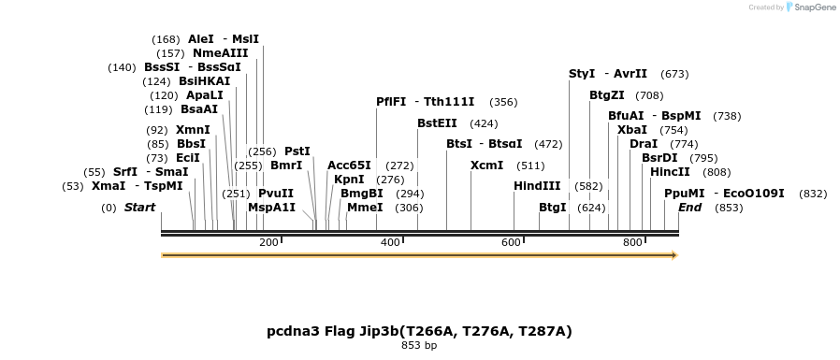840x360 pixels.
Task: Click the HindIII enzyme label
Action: click(x=537, y=186)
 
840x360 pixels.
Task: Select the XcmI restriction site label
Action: click(x=486, y=166)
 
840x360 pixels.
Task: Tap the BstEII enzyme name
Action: click(x=437, y=122)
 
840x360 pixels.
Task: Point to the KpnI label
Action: click(x=349, y=180)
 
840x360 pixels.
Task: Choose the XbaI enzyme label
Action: click(x=632, y=130)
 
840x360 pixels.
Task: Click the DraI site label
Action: click(x=644, y=144)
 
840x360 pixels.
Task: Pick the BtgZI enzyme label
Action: click(x=606, y=94)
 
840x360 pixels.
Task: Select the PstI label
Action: click(x=297, y=151)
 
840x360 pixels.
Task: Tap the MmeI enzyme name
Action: click(x=365, y=208)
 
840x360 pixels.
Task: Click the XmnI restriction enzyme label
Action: click(x=192, y=130)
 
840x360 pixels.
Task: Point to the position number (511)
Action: click(x=530, y=166)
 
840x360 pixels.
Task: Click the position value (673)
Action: click(x=674, y=74)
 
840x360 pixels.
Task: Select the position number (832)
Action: click(x=813, y=194)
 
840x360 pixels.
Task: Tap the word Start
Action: click(x=140, y=208)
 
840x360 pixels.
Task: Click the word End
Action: click(x=689, y=208)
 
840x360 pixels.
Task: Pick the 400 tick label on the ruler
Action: click(x=390, y=243)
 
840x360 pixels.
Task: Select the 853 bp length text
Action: click(x=418, y=346)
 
